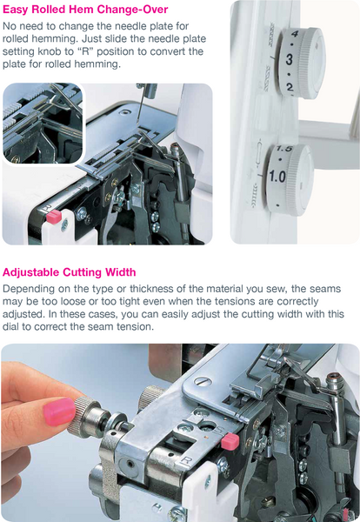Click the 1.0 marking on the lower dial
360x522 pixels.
(x=277, y=177)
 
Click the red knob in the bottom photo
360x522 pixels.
(x=230, y=441)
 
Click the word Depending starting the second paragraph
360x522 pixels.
(x=30, y=289)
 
